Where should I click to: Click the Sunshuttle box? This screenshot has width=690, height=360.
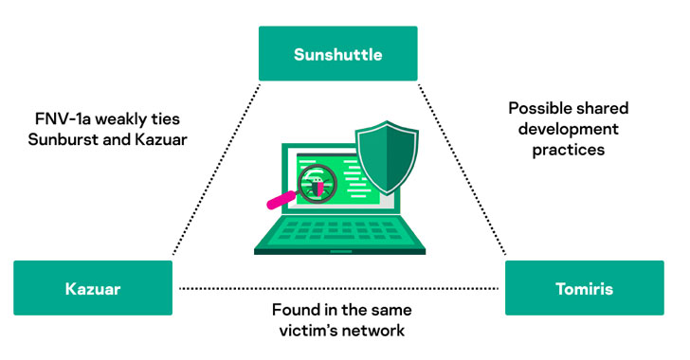coord(338,53)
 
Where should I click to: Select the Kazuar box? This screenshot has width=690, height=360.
coord(93,288)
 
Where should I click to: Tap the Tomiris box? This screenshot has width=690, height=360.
coord(585,288)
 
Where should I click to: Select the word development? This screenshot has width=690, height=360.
coord(568,129)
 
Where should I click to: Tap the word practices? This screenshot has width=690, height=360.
coord(568,150)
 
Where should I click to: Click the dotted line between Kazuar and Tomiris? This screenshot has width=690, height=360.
coord(339,289)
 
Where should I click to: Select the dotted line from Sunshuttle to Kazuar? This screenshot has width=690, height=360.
coord(216,170)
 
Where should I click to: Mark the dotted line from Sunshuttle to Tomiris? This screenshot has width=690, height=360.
coord(463,170)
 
